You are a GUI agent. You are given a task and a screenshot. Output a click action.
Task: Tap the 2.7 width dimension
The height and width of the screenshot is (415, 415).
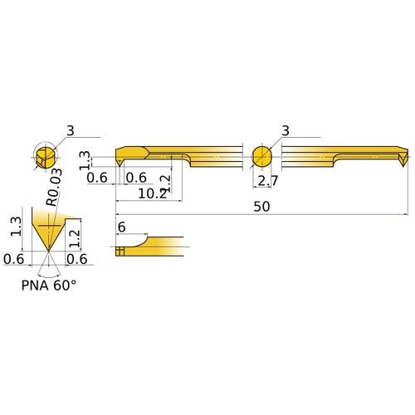(267, 182)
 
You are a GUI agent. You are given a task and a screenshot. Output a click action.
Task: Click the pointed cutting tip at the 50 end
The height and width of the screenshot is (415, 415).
(403, 164)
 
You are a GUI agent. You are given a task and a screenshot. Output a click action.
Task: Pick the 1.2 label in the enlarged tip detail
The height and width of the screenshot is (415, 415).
(76, 238)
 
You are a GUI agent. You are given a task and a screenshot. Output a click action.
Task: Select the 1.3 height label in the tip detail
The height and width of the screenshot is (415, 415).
(16, 227)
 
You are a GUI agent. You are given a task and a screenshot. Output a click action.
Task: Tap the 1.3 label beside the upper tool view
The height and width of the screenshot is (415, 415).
(84, 159)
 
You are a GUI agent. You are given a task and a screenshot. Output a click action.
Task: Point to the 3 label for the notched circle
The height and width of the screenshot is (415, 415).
(71, 130)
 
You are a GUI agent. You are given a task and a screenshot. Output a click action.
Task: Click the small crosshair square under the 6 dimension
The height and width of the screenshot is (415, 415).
(120, 250)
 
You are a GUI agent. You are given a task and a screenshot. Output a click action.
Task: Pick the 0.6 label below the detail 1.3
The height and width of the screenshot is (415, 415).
(14, 259)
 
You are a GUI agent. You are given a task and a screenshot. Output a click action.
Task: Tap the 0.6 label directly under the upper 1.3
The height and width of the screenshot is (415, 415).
(97, 178)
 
